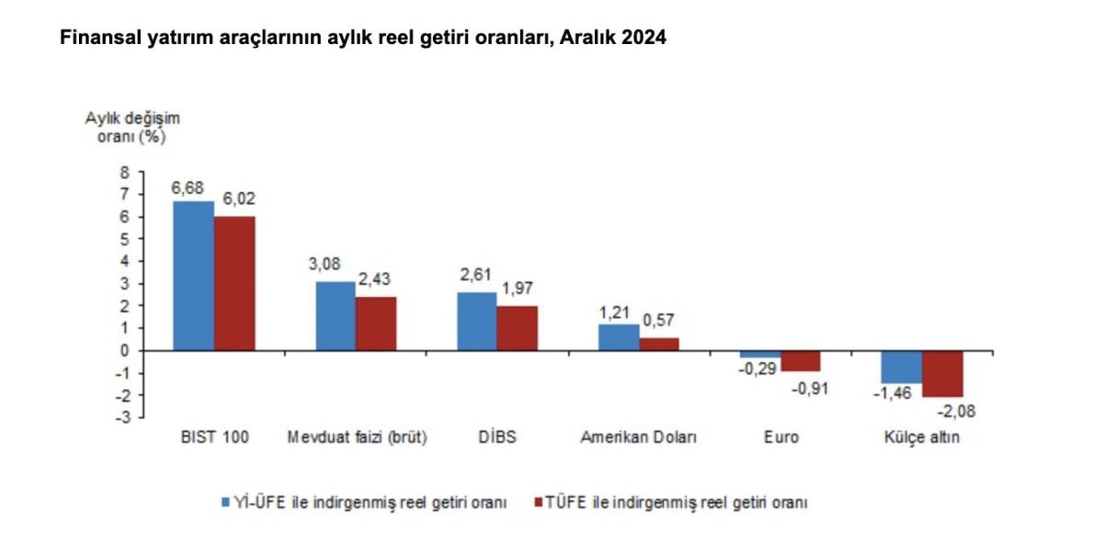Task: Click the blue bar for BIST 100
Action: (x=193, y=276)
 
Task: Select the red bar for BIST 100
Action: (x=234, y=283)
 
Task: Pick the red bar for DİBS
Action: (x=517, y=328)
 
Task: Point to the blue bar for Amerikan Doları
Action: (x=619, y=337)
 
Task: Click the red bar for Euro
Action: (x=801, y=360)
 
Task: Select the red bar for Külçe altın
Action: (x=942, y=373)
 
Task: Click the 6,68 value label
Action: (x=187, y=188)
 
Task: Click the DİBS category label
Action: (x=497, y=438)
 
